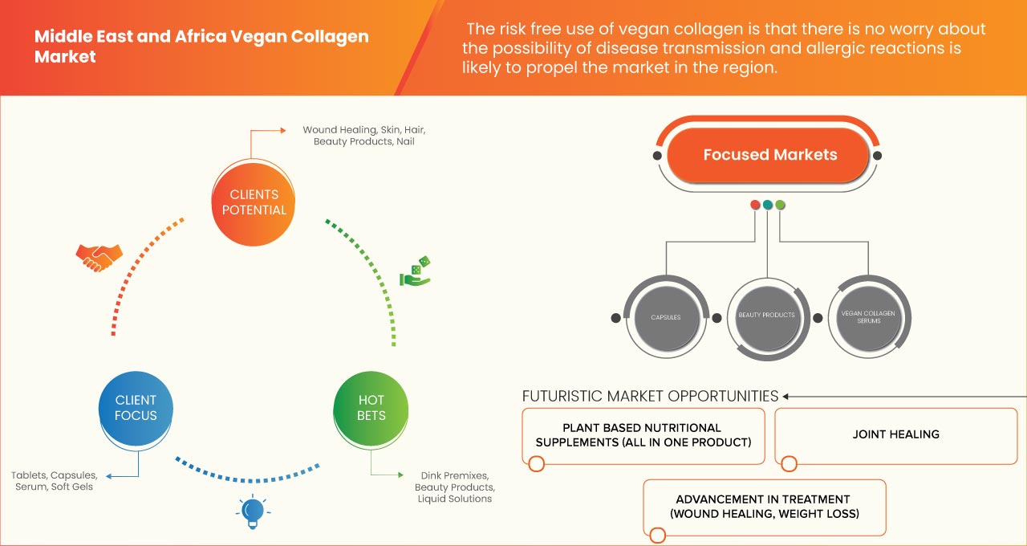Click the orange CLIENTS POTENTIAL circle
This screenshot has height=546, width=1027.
[x=253, y=202]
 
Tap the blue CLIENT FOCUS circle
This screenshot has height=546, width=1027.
[x=136, y=408]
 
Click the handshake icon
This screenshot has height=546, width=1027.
[x=99, y=256]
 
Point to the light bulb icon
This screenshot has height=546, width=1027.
[x=253, y=510]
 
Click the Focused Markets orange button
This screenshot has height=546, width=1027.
[x=769, y=155]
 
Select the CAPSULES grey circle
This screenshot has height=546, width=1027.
[x=665, y=317]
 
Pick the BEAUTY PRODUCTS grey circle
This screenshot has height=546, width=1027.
[x=766, y=316]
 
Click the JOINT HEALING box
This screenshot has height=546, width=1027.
[x=895, y=434]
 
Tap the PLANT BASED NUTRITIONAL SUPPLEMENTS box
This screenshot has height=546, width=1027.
[x=643, y=435]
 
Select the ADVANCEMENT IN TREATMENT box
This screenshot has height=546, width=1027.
[x=764, y=507]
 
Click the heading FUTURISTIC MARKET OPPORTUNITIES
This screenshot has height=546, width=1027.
[x=650, y=396]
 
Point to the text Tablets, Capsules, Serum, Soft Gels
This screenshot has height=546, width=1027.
[x=54, y=480]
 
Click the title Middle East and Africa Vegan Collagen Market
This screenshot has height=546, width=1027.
[x=201, y=47]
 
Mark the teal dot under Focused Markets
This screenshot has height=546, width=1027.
[x=768, y=205]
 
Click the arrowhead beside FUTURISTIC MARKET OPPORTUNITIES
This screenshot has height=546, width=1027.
[x=787, y=396]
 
